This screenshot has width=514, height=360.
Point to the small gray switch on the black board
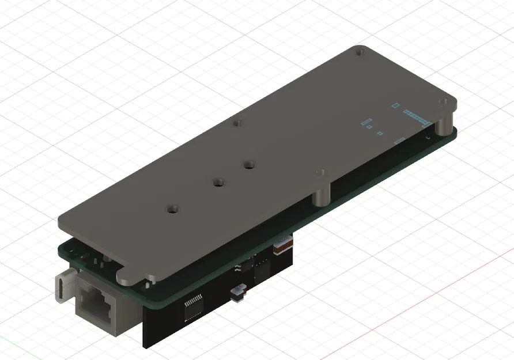pos(237,294)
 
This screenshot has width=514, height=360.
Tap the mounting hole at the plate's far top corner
pos(360,53)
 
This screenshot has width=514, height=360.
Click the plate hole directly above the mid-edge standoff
pos(321,172)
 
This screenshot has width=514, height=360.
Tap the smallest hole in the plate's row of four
pos(236,123)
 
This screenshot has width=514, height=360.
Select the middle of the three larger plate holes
pos(218,183)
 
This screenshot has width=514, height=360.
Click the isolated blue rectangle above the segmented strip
pos(395,105)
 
